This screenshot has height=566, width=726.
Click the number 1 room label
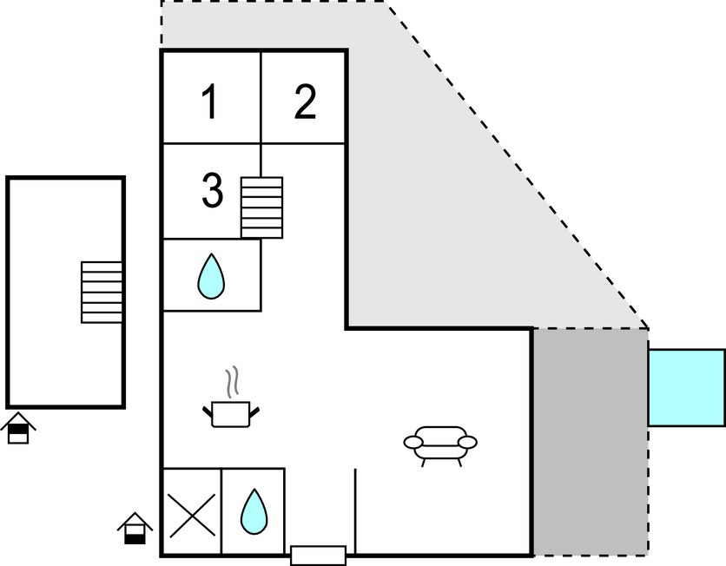click(209, 102)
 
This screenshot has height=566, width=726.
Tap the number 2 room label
click(305, 102)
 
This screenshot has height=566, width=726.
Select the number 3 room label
click(212, 191)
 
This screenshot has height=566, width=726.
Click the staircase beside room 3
click(261, 207)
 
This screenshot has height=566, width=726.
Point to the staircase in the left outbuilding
click(102, 292)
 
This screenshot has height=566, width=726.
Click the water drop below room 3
click(211, 276)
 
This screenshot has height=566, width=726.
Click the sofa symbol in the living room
click(440, 442)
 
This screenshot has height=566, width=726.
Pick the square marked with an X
click(191, 512)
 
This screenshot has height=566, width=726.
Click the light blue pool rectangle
click(686, 387)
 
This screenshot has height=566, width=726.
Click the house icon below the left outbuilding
click(18, 429)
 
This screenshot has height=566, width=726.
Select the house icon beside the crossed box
click(135, 528)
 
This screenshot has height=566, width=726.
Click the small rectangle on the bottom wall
click(318, 555)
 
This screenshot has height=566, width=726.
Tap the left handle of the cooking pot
click(208, 408)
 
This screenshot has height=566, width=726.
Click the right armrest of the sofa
click(468, 442)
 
